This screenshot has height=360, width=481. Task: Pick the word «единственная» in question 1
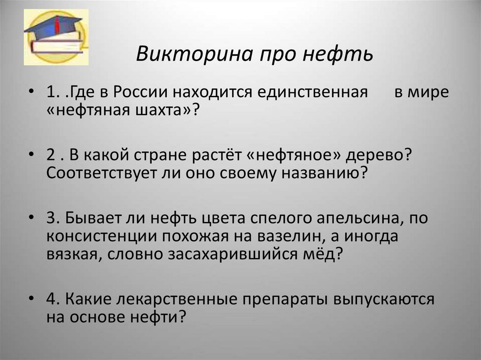[312, 92]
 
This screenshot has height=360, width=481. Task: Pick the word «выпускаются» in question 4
[384, 299]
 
